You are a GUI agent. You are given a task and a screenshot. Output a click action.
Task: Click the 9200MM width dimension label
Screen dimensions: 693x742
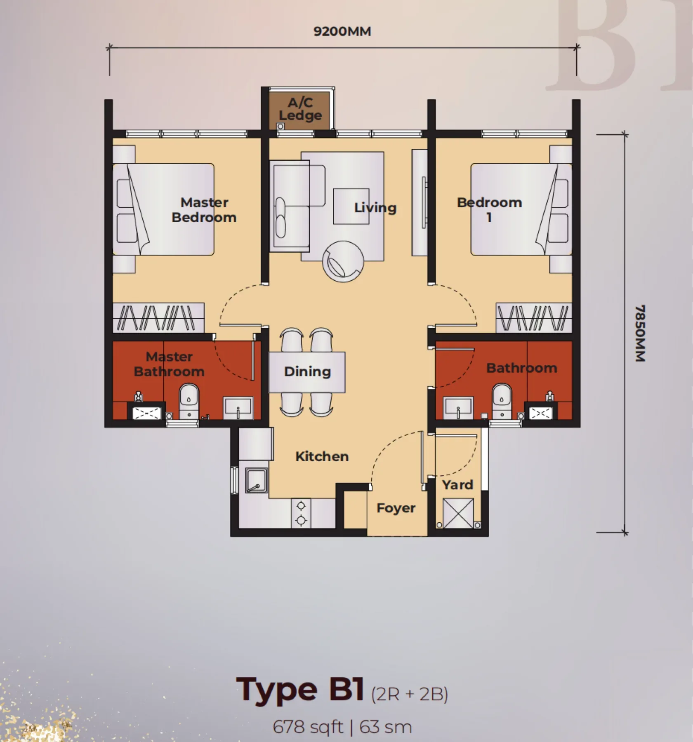[342, 31]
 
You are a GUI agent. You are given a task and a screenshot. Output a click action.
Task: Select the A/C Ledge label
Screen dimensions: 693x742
[300, 109]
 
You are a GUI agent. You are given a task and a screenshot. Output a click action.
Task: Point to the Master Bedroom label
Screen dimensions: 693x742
[204, 210]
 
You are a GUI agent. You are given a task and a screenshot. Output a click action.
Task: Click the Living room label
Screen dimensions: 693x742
[375, 208]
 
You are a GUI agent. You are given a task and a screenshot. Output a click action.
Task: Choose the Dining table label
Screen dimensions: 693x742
[307, 371]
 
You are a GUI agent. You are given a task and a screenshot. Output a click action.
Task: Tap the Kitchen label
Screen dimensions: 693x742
[322, 456]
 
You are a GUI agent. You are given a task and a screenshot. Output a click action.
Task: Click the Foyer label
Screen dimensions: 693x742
[396, 508]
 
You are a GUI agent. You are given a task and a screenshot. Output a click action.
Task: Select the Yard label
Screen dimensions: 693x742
[457, 485]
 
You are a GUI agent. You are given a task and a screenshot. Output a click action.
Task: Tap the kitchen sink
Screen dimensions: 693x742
[256, 480]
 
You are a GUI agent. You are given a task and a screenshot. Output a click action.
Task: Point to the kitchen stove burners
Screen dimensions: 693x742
[301, 513]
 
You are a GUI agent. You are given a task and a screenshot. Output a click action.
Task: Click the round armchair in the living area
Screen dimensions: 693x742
[343, 262]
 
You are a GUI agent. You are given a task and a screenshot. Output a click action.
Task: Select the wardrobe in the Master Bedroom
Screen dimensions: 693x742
[159, 317]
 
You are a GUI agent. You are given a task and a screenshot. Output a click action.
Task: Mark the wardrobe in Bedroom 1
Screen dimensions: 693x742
[534, 317]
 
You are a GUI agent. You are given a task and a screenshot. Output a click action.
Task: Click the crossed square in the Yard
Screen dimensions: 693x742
[458, 513]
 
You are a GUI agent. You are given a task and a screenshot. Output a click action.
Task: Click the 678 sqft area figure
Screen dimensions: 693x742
[308, 727]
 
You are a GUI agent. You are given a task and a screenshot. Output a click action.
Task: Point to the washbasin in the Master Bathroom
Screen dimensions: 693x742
[238, 408]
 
